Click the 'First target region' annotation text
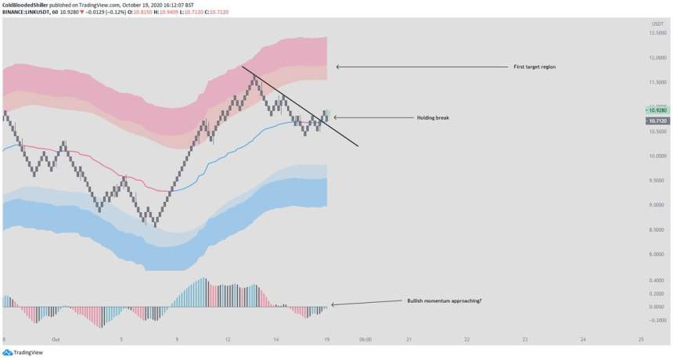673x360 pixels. [x=535, y=67]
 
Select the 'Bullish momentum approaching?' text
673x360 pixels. [x=444, y=301]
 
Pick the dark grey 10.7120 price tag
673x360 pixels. [x=656, y=121]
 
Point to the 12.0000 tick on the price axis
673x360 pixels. [x=655, y=58]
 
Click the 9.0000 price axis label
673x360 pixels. [x=655, y=205]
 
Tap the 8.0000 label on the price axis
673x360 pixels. [x=655, y=254]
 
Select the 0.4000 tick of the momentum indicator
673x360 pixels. [x=656, y=279]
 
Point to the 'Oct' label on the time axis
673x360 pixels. [x=56, y=340]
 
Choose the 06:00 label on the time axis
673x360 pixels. [x=364, y=340]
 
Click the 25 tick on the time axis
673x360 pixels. [x=641, y=340]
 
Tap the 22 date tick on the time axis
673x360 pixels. [x=466, y=340]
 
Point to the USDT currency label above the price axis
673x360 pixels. [x=657, y=24]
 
